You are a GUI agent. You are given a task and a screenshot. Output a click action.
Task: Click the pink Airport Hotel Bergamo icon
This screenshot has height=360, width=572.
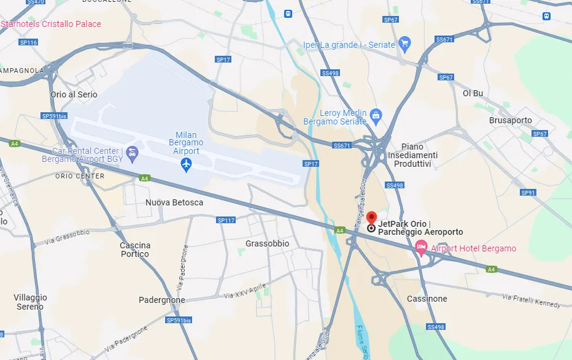pos(421,248)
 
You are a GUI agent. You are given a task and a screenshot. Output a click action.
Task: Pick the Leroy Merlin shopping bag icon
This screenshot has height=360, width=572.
pos(376,115)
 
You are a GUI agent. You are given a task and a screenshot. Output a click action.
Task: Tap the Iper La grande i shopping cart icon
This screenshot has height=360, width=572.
pos(404,43)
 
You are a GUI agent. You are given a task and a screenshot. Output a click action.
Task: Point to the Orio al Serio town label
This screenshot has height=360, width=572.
pos(74,94)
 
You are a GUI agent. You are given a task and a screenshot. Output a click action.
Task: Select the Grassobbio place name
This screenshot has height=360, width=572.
pos(267,243)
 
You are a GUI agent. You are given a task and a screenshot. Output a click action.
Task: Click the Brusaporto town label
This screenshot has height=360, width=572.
pos(511,120)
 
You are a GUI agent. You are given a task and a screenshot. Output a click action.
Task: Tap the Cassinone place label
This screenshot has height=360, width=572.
pos(427,299)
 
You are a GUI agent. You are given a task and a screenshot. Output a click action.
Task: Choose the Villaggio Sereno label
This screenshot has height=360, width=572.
pos(30,302)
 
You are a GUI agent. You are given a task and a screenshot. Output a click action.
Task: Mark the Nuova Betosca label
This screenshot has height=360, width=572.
pos(174,202)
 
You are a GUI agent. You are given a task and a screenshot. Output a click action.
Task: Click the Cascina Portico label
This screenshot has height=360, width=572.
pos(135,250)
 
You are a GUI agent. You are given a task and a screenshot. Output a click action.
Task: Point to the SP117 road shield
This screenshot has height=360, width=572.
pos(226,220)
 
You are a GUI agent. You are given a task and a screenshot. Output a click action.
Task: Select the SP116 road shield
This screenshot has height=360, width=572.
pos(28,42)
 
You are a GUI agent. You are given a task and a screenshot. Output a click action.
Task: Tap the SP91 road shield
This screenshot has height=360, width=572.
pos(528,193)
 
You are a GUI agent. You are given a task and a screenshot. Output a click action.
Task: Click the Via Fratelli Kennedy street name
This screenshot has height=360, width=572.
pos(531,301)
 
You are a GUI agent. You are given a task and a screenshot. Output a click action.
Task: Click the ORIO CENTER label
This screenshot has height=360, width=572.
pos(80,176)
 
